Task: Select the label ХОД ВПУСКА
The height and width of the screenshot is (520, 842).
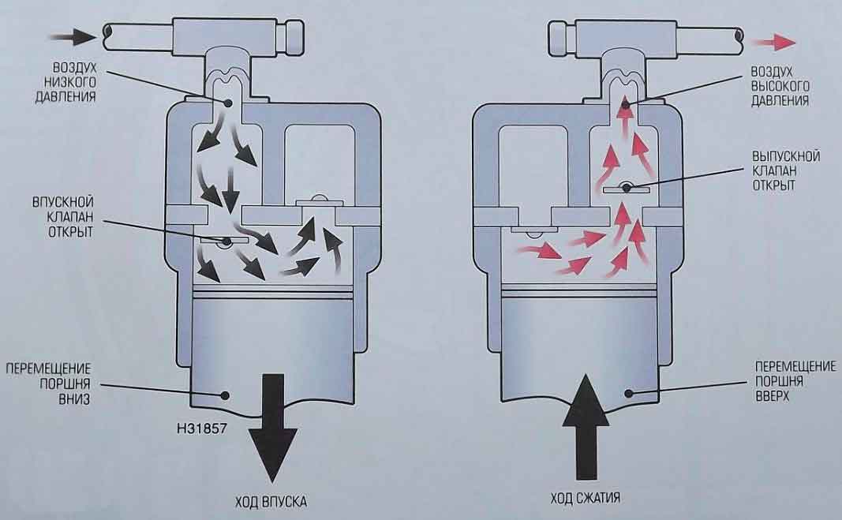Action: tap(271, 500)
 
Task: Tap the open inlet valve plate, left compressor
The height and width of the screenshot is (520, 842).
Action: tap(226, 240)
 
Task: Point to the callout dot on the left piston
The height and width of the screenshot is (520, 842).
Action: tap(226, 394)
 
